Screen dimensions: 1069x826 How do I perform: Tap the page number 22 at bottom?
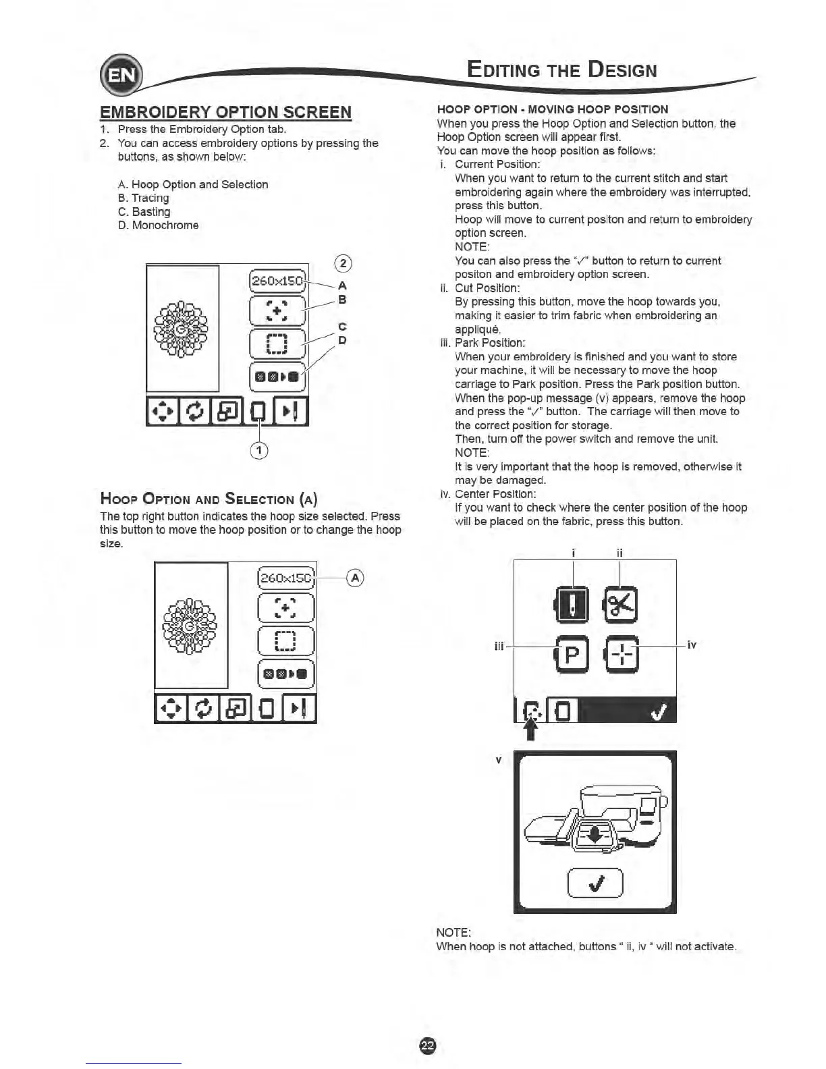[428, 1045]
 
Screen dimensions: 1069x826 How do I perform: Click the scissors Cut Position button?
[621, 604]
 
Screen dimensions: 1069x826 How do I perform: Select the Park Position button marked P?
[572, 655]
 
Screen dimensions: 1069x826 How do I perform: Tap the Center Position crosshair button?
[622, 655]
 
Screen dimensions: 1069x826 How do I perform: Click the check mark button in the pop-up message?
[595, 883]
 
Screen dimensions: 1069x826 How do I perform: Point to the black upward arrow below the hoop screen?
[531, 730]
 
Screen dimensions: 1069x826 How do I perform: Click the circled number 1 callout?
[259, 450]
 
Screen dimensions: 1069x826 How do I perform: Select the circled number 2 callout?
[343, 263]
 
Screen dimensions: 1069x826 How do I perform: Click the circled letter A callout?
[355, 578]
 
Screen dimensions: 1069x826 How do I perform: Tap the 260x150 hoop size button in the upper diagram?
[277, 280]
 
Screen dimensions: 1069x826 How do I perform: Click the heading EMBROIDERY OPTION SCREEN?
[225, 112]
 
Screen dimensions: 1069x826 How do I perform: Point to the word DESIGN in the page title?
[622, 70]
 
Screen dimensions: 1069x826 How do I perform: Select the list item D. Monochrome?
[158, 225]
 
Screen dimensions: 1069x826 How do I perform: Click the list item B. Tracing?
[143, 198]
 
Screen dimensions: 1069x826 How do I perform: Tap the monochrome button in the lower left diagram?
[286, 673]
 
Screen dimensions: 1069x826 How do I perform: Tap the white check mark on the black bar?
[659, 711]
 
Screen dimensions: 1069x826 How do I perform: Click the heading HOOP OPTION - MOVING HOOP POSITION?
[552, 109]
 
